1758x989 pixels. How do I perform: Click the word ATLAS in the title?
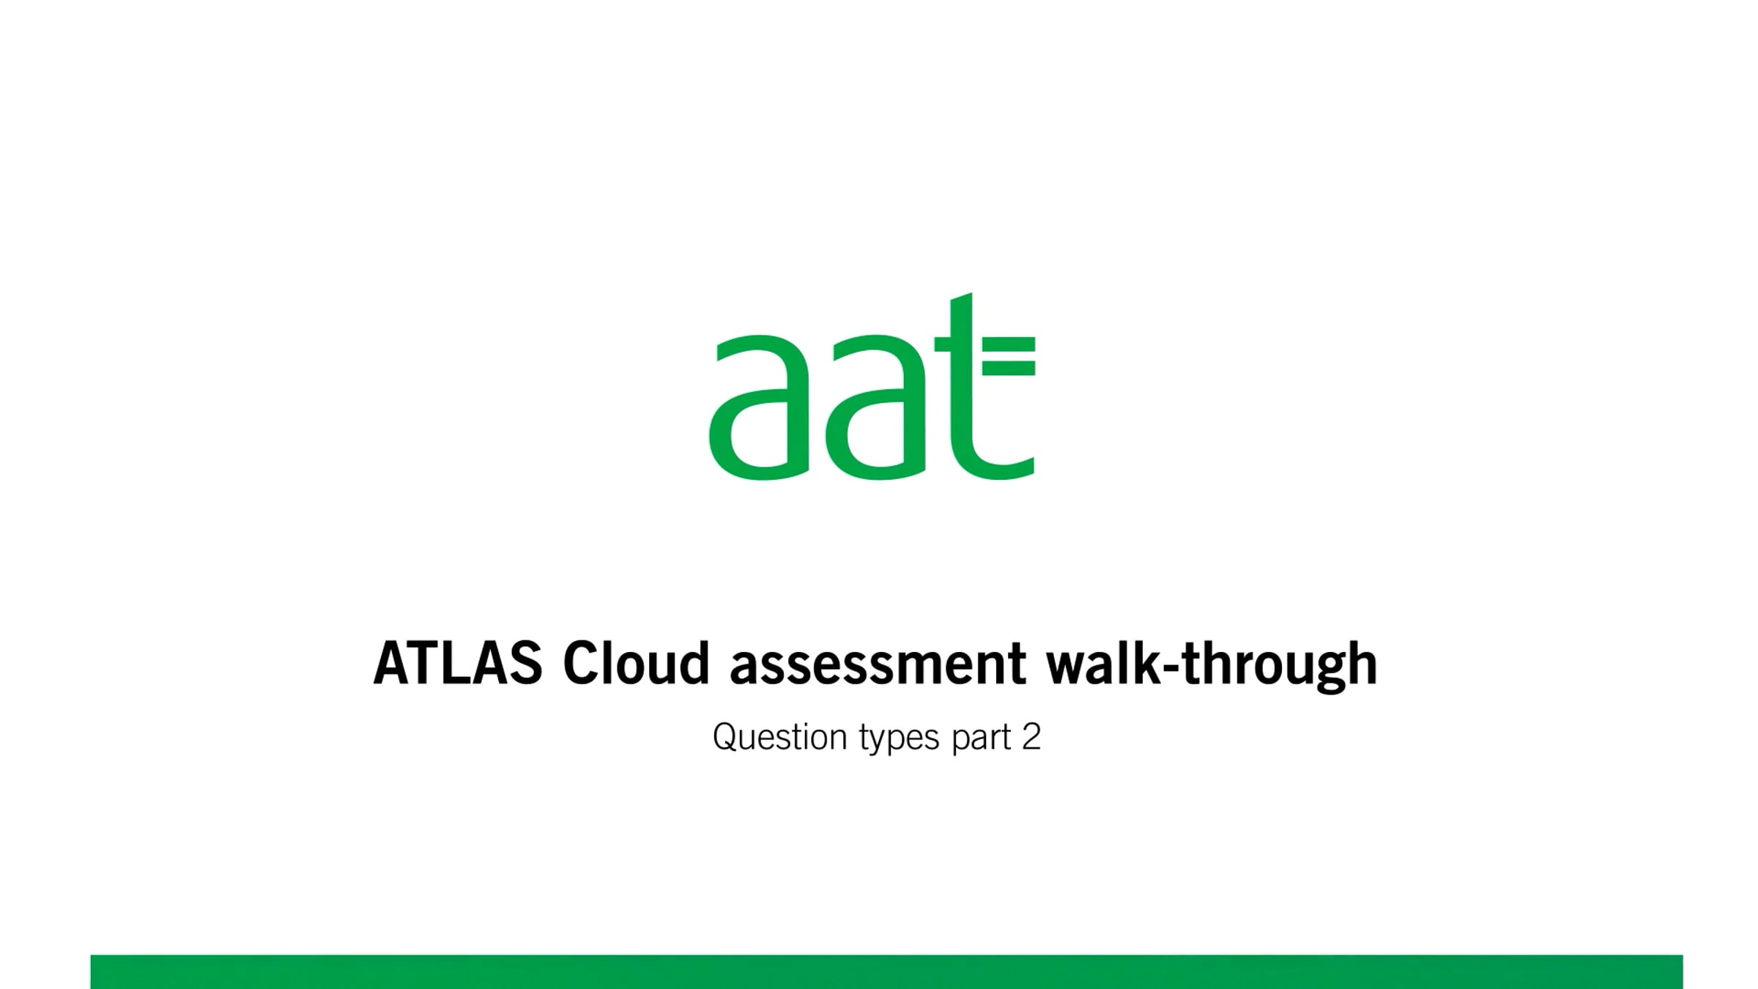[458, 664]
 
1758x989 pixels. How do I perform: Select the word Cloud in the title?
[636, 664]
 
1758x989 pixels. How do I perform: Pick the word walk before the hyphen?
[1101, 664]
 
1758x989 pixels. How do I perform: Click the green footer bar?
[886, 971]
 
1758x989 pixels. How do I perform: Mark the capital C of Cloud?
[579, 664]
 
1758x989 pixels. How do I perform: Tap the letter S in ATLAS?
[523, 664]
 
